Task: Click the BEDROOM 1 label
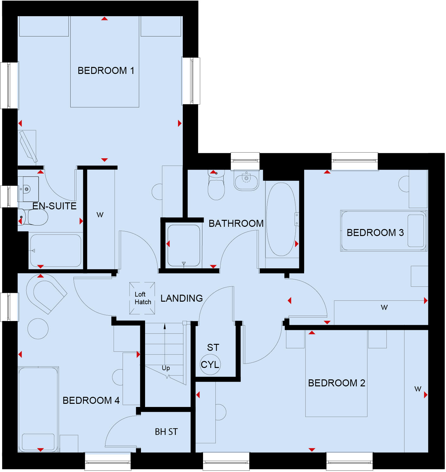tap(106, 70)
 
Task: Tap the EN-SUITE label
tap(54, 206)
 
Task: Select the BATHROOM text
tap(236, 224)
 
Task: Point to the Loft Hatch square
tap(142, 298)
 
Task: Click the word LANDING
tap(182, 298)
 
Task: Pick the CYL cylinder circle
tap(210, 365)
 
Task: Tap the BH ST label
tap(166, 432)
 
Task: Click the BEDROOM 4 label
tap(91, 401)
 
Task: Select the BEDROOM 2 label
tap(336, 383)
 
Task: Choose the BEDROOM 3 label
tap(375, 233)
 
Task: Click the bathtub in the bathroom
tap(281, 219)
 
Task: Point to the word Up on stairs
tap(166, 368)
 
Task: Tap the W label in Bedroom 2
tap(418, 389)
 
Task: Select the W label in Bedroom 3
tap(384, 307)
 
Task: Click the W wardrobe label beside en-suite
tap(100, 215)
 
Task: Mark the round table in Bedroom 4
tap(38, 329)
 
